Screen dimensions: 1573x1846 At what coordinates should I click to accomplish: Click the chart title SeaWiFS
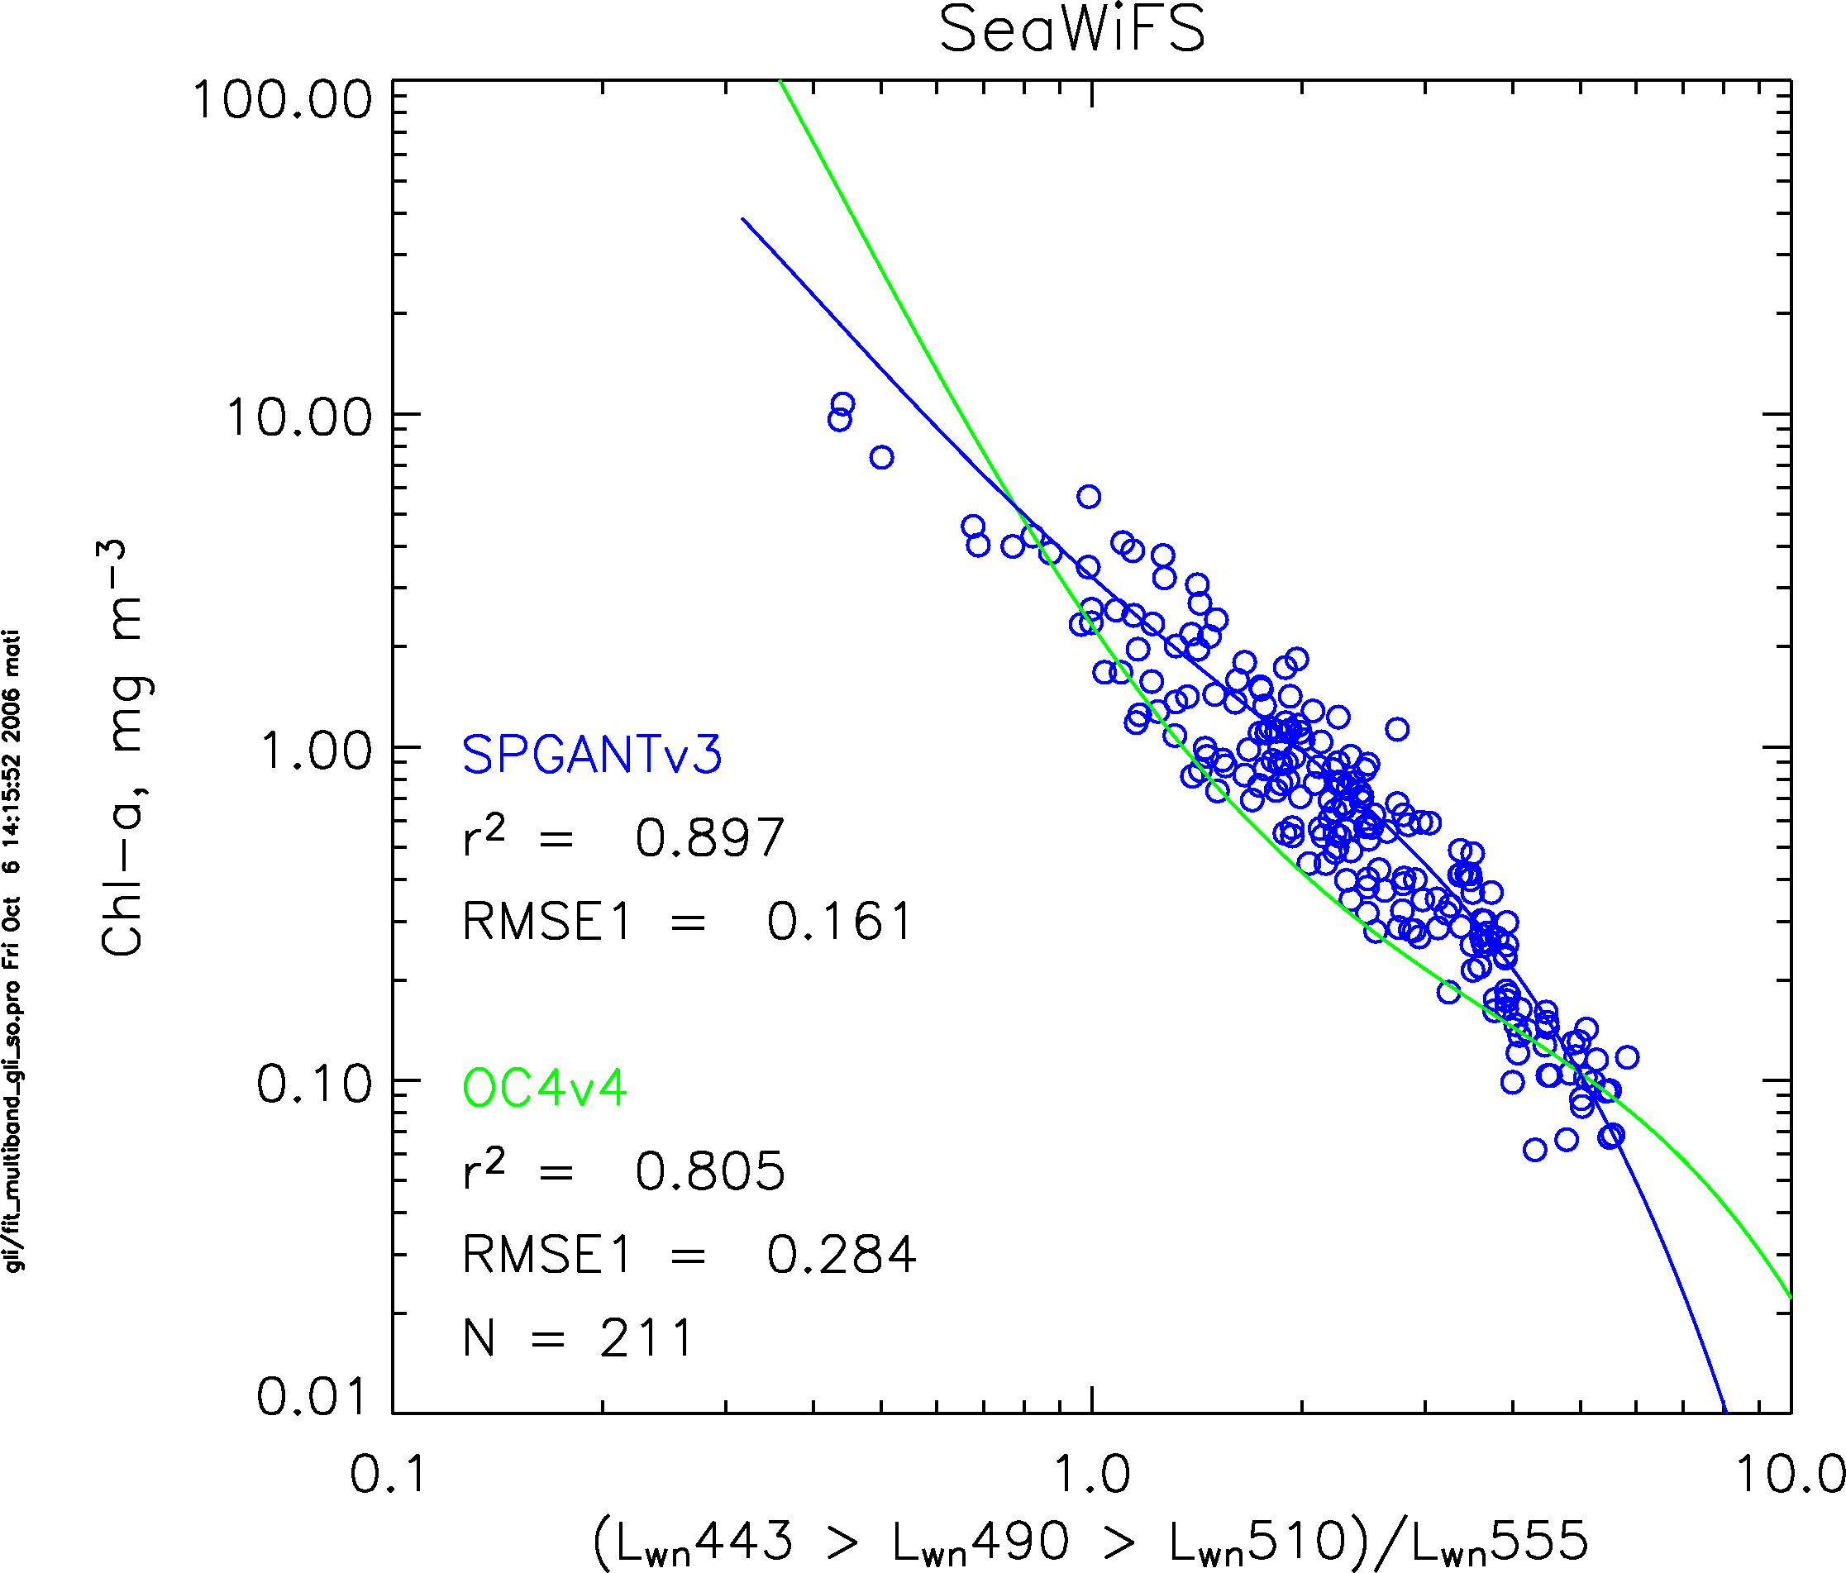pos(1071,31)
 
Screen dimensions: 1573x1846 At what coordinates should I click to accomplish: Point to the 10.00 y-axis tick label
pos(298,417)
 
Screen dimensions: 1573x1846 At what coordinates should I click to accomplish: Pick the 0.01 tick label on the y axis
pos(312,1396)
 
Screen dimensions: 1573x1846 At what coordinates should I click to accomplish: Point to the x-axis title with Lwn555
pos(1090,1542)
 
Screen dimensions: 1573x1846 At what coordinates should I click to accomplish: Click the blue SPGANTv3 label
pos(592,756)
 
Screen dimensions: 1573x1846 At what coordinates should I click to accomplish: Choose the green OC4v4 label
pos(544,1088)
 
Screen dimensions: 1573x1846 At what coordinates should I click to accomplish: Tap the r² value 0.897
pos(709,838)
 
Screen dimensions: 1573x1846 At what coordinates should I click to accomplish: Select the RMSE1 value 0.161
pos(839,921)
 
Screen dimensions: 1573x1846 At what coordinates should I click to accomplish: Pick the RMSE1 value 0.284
pos(841,1254)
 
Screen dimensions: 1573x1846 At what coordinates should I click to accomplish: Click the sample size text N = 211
pos(577,1338)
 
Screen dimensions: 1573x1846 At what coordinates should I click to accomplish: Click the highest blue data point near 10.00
pos(843,404)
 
